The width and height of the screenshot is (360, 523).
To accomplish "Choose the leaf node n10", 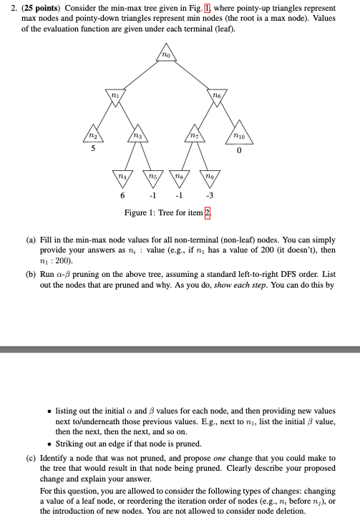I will coord(240,133).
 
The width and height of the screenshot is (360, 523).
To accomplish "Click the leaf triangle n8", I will coord(179,174).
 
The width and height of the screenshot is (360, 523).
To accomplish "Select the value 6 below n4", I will coord(122,195).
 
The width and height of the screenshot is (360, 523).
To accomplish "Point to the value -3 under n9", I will coord(208,195).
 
